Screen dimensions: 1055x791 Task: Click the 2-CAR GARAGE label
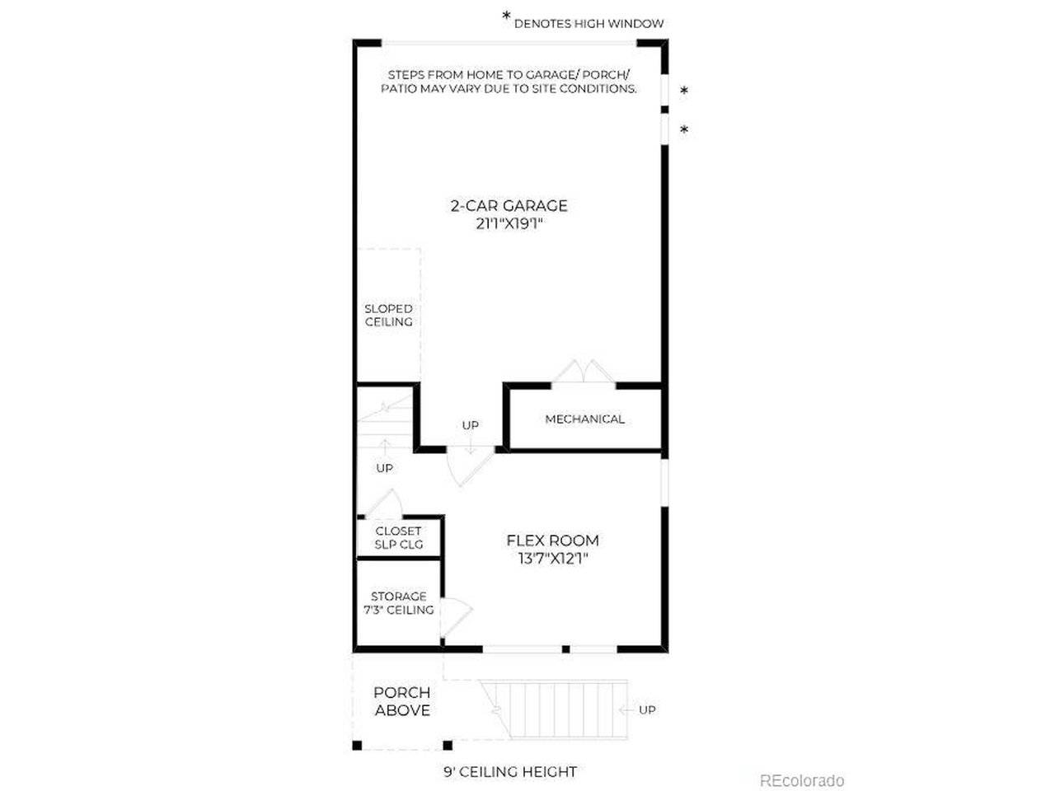509,206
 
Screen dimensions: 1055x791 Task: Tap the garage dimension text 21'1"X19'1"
509,224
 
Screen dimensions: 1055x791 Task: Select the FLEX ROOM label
553,541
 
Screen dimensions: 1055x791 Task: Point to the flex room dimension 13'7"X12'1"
553,559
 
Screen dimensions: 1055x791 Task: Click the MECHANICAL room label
585,419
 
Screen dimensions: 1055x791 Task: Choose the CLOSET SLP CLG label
398,538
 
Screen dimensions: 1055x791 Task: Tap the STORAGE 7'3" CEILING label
398,603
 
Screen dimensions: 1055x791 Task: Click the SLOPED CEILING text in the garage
388,316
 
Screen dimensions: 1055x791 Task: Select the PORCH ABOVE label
402,702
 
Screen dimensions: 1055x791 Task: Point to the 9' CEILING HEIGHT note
510,772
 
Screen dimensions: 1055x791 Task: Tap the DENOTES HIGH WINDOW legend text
588,24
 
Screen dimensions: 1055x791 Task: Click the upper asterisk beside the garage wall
684,91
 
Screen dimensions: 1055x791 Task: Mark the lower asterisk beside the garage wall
684,129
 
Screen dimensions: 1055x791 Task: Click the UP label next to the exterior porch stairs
647,709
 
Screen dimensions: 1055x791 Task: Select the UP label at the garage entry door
470,425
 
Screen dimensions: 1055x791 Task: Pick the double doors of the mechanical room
583,372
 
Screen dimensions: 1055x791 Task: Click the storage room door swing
456,618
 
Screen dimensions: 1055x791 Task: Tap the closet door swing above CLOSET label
384,503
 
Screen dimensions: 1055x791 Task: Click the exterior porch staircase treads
554,709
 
